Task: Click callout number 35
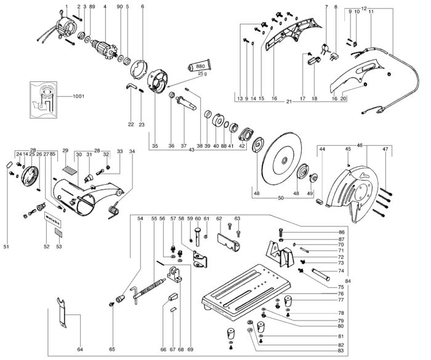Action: pos(155,145)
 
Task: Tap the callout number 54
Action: pos(140,218)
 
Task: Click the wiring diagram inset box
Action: pos(44,98)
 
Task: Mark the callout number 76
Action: pos(341,294)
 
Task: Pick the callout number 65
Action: pos(111,350)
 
